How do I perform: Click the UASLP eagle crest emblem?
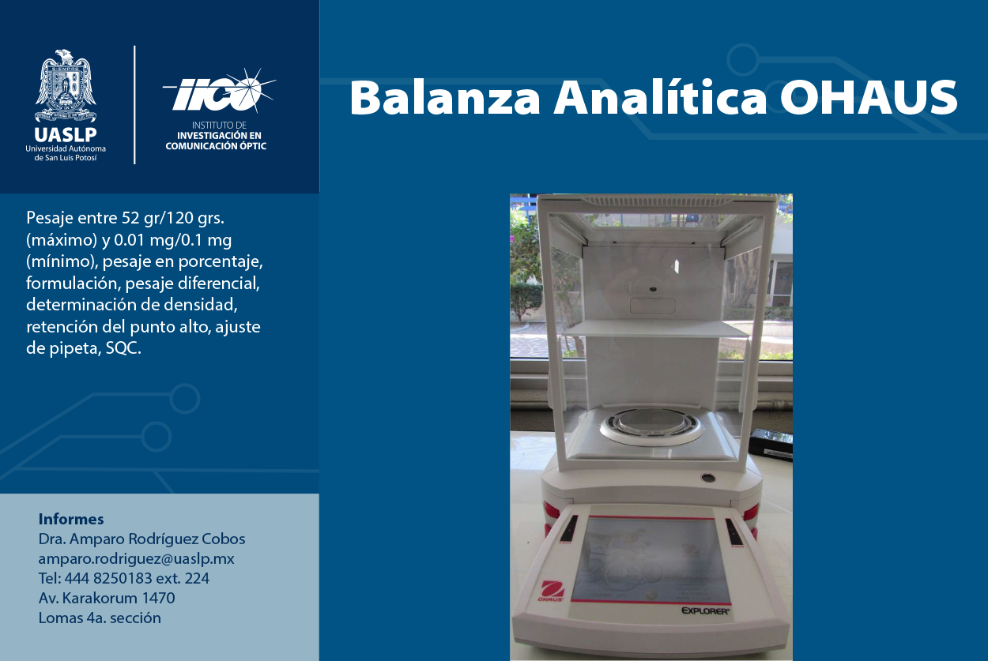point(66,86)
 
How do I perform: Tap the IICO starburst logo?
point(219,92)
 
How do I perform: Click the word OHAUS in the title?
point(869,97)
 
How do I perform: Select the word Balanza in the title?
point(445,97)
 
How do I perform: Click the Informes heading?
point(71,519)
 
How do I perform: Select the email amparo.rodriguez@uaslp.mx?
point(136,558)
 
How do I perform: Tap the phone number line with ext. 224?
point(124,578)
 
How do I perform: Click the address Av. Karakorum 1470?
point(107,598)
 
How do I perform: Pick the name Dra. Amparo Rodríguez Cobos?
point(141,539)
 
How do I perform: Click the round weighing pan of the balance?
point(650,425)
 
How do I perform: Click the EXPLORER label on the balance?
point(705,610)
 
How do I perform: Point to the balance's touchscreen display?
point(650,560)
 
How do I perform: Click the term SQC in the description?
point(123,348)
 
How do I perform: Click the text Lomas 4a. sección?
point(100,618)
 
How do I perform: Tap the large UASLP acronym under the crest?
point(66,134)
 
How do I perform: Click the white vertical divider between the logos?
point(134,105)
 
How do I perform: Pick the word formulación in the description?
point(74,283)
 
